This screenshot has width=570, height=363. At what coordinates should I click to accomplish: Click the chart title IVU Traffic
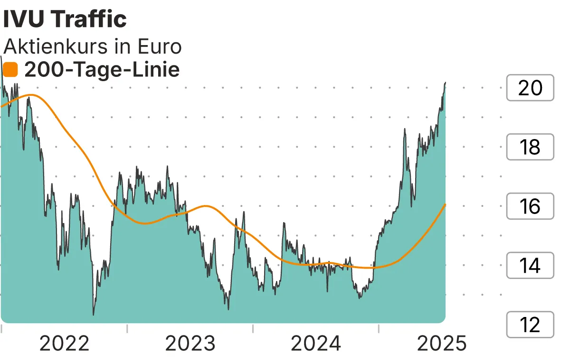point(65,19)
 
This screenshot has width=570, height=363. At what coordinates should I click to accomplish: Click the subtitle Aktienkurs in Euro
point(93,47)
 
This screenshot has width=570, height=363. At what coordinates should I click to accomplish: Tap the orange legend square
point(10,70)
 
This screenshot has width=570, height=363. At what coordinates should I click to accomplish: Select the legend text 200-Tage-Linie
point(102,70)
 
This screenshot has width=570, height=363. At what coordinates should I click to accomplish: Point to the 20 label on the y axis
point(530,88)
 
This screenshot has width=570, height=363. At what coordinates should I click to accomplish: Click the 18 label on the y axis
point(530,147)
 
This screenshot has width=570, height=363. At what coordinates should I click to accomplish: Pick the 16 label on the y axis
point(530,206)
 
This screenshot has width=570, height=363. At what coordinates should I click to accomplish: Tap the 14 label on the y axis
point(530,266)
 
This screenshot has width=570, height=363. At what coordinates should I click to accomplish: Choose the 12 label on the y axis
point(530,325)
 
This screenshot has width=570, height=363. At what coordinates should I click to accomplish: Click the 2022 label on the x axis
point(64,344)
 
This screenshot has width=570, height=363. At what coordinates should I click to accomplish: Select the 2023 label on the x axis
point(190,344)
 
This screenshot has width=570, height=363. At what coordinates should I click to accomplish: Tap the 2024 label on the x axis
point(316,344)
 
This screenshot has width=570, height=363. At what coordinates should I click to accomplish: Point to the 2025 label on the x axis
point(442,344)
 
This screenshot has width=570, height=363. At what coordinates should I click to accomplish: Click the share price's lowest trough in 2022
point(93,315)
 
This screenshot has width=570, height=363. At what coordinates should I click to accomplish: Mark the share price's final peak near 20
point(445,83)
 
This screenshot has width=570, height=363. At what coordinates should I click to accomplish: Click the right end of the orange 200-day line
point(445,205)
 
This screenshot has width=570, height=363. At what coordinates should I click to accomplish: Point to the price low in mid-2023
point(228,309)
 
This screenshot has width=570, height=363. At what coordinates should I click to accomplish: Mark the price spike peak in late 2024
point(405,129)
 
